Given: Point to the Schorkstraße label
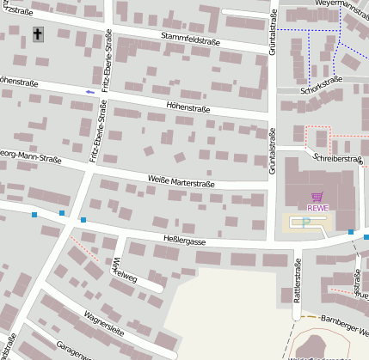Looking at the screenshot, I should [322, 84].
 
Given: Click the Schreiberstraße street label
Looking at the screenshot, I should [337, 159].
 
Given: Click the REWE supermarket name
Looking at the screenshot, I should [317, 207].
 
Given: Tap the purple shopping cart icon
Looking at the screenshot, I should [317, 197].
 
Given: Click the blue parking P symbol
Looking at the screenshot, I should [305, 223].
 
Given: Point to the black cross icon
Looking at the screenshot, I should [37, 34].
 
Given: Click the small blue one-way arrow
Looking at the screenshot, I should [90, 91].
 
